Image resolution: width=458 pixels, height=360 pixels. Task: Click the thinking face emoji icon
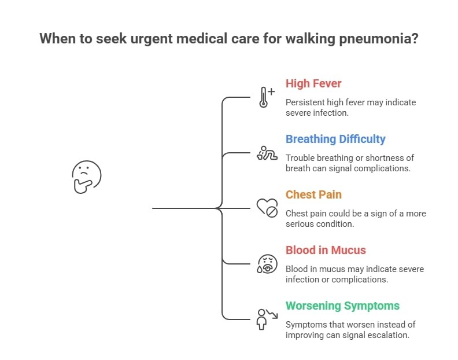click(86, 177)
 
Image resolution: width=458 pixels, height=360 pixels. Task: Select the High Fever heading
click(313, 83)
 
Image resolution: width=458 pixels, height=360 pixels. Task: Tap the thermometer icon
click(266, 97)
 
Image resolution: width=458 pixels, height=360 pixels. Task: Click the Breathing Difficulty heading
click(335, 139)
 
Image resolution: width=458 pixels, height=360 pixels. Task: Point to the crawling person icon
click(266, 153)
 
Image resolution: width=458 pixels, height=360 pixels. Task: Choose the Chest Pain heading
click(313, 194)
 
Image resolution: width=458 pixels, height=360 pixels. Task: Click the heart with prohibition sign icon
click(267, 208)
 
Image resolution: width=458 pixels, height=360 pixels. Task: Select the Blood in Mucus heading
click(326, 250)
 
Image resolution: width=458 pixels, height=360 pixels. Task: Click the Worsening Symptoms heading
click(342, 306)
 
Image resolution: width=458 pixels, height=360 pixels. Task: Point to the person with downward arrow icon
click(266, 319)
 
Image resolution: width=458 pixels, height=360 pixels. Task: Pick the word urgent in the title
click(164, 39)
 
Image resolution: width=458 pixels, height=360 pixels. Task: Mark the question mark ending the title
click(415, 39)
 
